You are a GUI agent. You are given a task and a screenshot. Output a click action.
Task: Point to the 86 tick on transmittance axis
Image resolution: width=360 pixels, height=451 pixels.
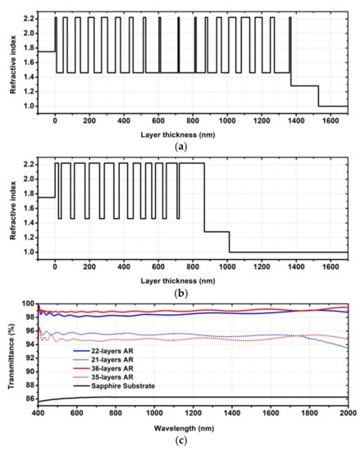coord(25,398)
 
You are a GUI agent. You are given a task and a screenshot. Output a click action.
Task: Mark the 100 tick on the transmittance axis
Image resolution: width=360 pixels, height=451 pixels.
coord(23,304)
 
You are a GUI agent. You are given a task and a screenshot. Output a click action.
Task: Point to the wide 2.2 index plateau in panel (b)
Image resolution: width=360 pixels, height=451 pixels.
coord(191,164)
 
